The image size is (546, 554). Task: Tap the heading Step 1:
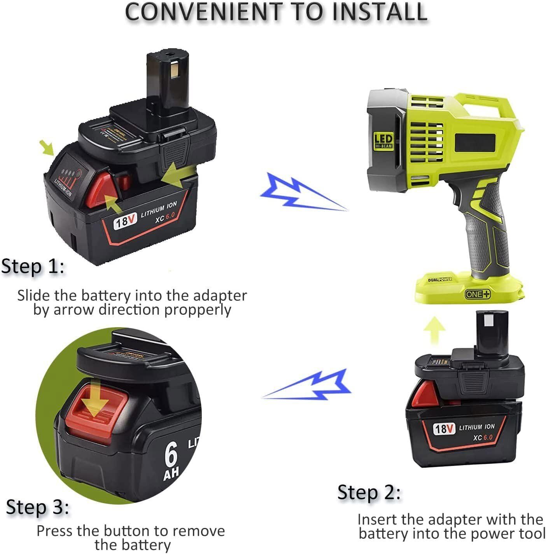[x=33, y=267]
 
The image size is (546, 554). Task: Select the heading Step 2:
[x=369, y=493]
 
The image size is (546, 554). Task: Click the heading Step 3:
[x=38, y=508]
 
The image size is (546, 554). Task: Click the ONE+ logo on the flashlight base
[x=477, y=294]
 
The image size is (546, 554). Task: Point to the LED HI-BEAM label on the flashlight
[x=383, y=141]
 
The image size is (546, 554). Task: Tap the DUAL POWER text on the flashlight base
[x=440, y=279]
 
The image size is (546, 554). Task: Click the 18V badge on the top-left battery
[x=126, y=222]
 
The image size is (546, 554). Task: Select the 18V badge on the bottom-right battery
[x=444, y=429]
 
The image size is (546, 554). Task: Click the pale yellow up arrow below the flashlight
[x=434, y=330]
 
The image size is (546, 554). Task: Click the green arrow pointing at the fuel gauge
[x=48, y=148]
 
